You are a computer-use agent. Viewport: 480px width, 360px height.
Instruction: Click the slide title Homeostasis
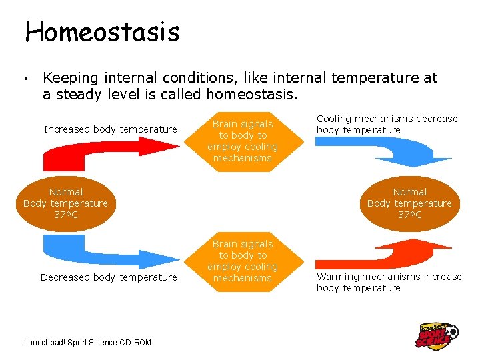click(102, 31)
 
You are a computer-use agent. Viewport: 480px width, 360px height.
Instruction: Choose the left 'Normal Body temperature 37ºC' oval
click(65, 203)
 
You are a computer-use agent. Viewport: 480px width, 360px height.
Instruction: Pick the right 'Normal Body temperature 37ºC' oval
click(409, 203)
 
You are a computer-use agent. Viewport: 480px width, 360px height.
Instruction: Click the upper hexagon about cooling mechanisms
click(242, 141)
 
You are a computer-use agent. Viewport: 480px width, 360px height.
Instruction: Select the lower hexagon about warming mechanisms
click(242, 261)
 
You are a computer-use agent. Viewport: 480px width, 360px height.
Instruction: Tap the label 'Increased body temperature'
click(111, 129)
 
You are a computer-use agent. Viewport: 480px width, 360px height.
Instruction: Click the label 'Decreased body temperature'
click(109, 277)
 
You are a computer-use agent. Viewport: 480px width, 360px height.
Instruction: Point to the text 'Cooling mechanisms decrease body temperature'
click(387, 124)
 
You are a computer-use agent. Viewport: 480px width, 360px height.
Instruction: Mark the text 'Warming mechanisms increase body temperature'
click(389, 282)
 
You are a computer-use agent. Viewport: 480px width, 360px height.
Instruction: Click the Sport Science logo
click(437, 335)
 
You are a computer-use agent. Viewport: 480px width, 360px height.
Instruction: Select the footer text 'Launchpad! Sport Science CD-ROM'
click(87, 343)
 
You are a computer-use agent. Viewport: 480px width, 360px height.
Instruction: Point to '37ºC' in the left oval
click(65, 215)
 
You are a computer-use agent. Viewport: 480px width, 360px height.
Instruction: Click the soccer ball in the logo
click(452, 330)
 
